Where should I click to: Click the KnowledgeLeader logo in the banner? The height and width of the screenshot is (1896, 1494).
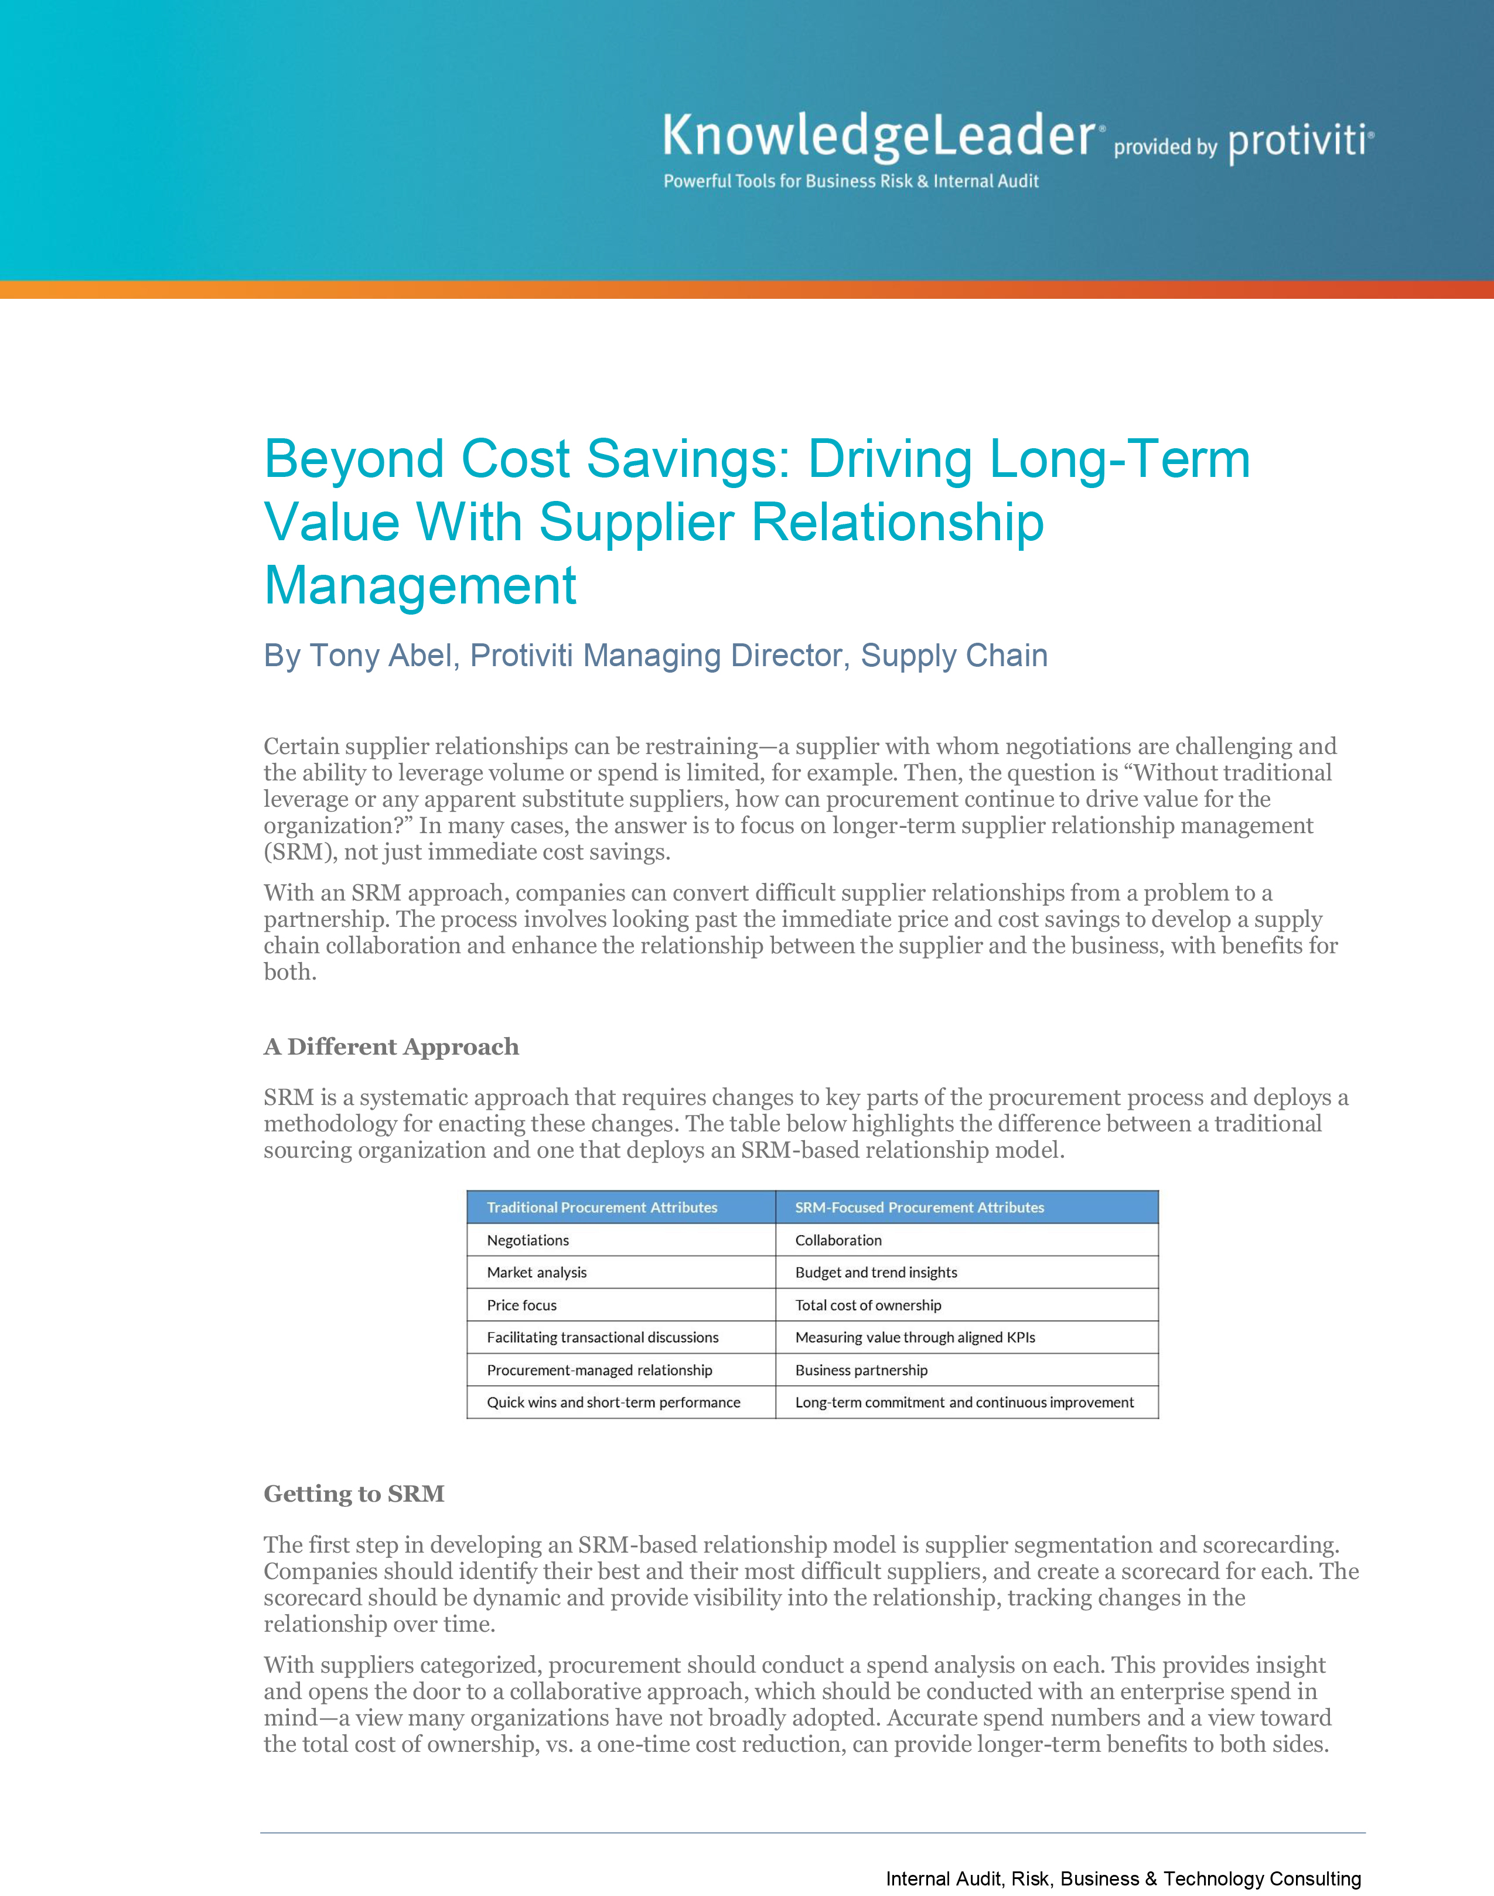point(878,137)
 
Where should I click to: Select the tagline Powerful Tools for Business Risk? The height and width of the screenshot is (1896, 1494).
point(850,181)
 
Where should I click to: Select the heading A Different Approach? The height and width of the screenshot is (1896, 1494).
point(391,1047)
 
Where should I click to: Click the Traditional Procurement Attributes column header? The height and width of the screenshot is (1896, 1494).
point(602,1208)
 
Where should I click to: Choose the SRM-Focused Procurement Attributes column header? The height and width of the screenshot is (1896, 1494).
point(919,1208)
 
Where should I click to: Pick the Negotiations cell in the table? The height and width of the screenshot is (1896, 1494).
point(527,1240)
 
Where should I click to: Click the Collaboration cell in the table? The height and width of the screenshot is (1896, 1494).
point(838,1240)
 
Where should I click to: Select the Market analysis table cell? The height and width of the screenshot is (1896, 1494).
point(536,1273)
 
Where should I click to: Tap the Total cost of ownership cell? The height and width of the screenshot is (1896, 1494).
point(868,1305)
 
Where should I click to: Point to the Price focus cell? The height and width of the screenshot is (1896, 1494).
point(521,1305)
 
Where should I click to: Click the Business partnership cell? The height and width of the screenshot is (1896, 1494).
point(861,1369)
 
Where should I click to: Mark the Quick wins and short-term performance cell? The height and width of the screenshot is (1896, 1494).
point(613,1402)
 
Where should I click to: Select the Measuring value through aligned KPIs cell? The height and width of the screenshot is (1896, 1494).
point(915,1337)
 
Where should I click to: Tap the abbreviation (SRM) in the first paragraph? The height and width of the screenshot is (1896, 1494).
point(300,852)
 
